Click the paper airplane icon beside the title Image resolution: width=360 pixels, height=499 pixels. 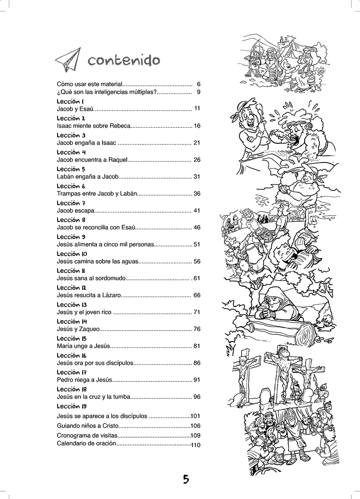68,59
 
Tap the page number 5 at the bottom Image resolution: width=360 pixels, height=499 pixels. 185,479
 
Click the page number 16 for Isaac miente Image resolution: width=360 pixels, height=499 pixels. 197,126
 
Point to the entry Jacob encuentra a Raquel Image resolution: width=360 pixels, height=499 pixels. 91,160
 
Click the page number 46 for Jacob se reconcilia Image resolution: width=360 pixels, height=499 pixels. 197,228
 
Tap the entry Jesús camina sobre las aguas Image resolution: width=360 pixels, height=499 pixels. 97,261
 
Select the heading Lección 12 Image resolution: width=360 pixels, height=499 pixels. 71,287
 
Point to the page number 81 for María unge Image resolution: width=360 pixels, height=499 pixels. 197,346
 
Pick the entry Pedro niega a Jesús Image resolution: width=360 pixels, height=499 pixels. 84,380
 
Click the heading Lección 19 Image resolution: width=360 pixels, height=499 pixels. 72,406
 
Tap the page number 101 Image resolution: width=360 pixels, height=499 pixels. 196,417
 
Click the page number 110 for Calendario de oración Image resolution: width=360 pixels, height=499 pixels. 196,445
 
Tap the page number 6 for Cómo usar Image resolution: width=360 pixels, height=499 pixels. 199,84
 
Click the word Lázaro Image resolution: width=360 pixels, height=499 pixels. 111,295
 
